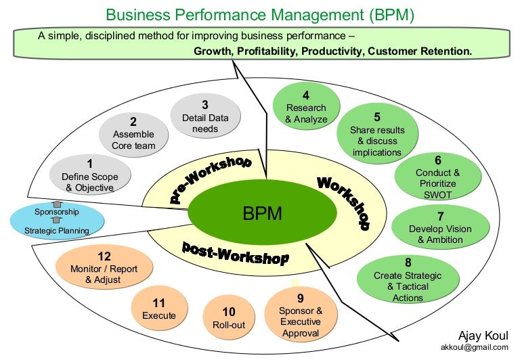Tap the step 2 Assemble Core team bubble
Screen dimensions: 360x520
tap(133, 133)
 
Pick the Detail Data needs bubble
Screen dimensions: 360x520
tap(204, 116)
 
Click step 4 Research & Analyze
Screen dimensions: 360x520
tap(305, 108)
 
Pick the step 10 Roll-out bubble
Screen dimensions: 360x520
tap(229, 318)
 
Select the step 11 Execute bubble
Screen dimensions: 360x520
tap(159, 309)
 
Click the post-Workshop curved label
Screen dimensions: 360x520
tap(236, 252)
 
